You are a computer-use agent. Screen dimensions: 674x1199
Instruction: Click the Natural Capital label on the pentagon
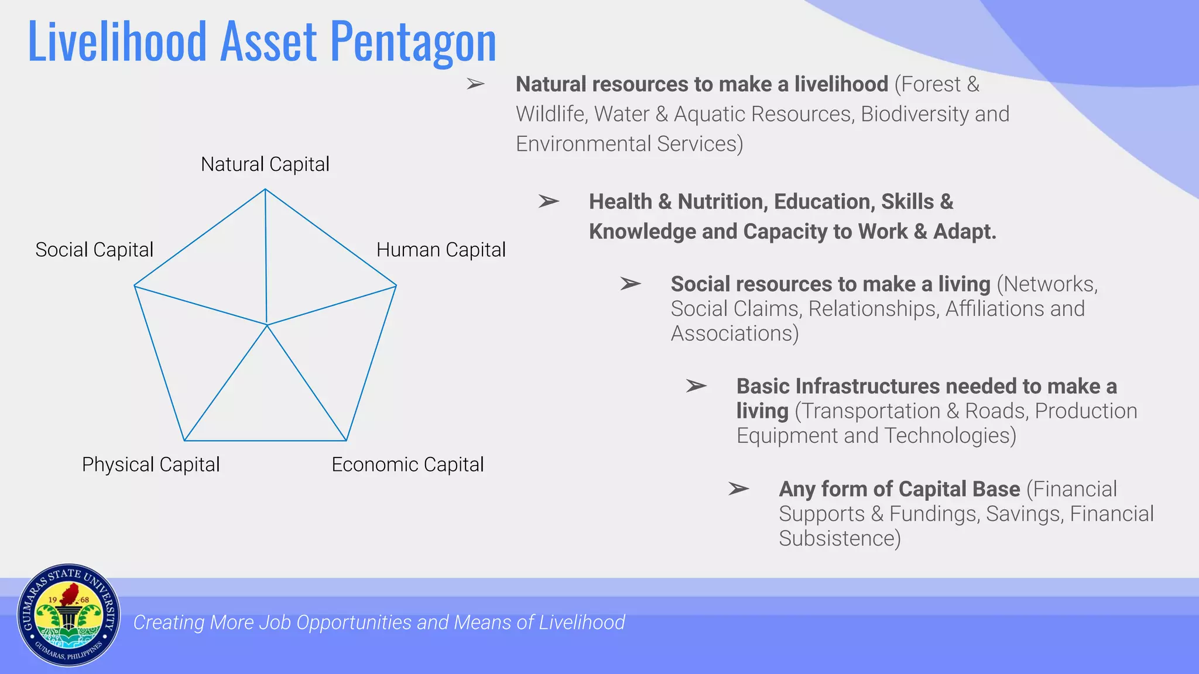[265, 164]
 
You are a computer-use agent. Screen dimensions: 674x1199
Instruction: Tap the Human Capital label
[440, 250]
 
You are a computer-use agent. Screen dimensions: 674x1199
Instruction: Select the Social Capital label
[94, 250]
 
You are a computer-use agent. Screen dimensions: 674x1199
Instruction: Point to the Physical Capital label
[150, 465]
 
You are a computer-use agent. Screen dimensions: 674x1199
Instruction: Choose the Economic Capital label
[407, 465]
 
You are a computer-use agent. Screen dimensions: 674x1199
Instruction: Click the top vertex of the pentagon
[265, 189]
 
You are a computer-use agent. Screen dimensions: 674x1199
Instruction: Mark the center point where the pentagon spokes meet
[267, 324]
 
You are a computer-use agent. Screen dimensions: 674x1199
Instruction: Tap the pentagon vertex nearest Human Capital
[396, 286]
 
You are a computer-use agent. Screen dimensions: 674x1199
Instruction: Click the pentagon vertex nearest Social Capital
[135, 286]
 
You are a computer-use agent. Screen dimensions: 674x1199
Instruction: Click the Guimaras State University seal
[68, 615]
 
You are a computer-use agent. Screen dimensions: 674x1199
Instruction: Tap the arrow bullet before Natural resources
[475, 84]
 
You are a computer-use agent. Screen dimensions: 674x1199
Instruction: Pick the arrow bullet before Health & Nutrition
[549, 202]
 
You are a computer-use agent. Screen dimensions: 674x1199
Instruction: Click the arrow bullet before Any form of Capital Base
[738, 489]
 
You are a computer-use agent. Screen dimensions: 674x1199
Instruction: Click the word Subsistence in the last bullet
[839, 538]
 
